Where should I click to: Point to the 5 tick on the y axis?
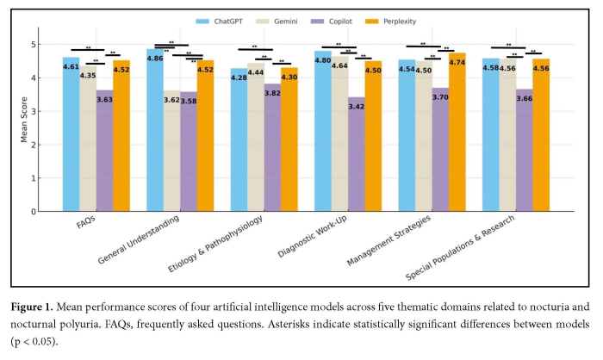34,44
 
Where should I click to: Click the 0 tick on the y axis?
34,211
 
